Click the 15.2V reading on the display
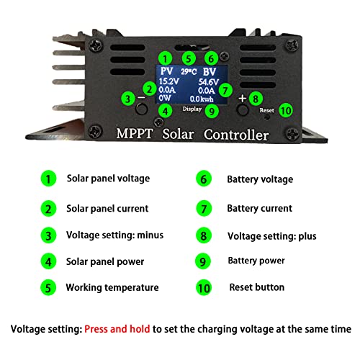point(169,81)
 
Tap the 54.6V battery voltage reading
point(208,82)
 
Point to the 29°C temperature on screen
point(189,71)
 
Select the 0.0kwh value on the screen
point(202,99)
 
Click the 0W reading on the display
point(165,98)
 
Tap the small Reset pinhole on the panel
point(266,117)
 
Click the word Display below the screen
point(192,109)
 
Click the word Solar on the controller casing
point(178,134)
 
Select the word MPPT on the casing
point(135,133)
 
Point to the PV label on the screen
point(166,71)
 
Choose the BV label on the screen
point(210,72)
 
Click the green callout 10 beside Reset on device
point(286,111)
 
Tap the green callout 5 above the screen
point(189,59)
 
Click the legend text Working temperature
point(112,287)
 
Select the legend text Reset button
point(257,287)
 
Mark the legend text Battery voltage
point(260,179)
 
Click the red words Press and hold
point(117,329)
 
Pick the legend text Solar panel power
point(105,261)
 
